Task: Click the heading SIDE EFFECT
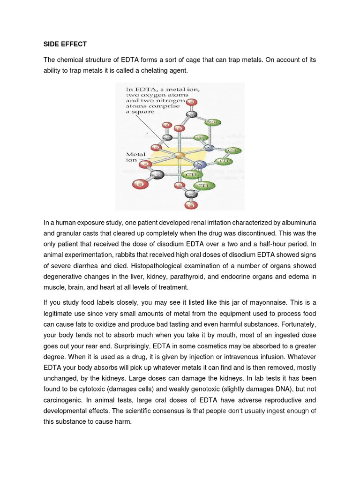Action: point(65,45)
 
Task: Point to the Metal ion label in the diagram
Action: point(135,157)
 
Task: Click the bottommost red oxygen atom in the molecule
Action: point(190,205)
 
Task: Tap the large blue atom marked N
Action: point(200,165)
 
